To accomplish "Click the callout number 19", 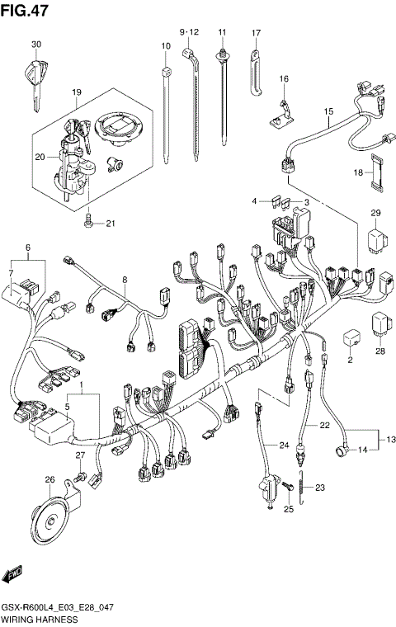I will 75,92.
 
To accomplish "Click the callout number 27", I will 81,455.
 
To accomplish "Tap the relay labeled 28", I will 380,323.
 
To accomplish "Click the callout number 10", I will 165,45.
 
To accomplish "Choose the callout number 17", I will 256,33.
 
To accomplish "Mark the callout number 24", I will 284,446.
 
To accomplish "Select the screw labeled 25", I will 288,488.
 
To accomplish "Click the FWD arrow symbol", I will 13,575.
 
